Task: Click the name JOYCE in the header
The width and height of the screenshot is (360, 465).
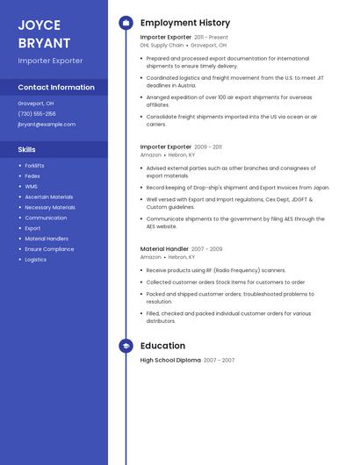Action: [x=39, y=25]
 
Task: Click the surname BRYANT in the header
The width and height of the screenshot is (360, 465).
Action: [x=44, y=42]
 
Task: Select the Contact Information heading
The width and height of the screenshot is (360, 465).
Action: [x=56, y=88]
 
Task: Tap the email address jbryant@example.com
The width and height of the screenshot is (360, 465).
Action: [x=47, y=125]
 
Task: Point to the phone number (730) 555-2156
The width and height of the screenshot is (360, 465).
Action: [x=37, y=113]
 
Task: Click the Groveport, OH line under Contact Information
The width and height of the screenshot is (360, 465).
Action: [x=36, y=103]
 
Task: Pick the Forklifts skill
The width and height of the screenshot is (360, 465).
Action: [x=34, y=165]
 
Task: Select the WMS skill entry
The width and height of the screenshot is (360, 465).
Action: [x=31, y=186]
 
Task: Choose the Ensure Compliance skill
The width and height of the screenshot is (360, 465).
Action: [x=49, y=249]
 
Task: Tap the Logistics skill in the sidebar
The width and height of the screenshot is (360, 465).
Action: [x=36, y=260]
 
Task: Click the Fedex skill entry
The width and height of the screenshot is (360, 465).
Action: [x=32, y=175]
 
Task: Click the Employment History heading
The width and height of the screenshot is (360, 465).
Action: [x=185, y=23]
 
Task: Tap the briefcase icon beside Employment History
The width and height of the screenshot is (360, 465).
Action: [x=126, y=23]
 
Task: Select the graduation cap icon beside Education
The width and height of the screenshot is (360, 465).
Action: [x=126, y=346]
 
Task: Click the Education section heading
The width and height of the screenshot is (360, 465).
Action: [x=162, y=346]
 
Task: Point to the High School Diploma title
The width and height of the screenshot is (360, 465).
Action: [x=170, y=361]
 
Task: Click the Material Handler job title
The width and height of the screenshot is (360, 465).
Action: [x=164, y=249]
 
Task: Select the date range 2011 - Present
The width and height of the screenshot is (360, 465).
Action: [x=211, y=38]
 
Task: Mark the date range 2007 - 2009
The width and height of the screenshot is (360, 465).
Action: [x=206, y=249]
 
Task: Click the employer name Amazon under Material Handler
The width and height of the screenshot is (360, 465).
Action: [x=151, y=257]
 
